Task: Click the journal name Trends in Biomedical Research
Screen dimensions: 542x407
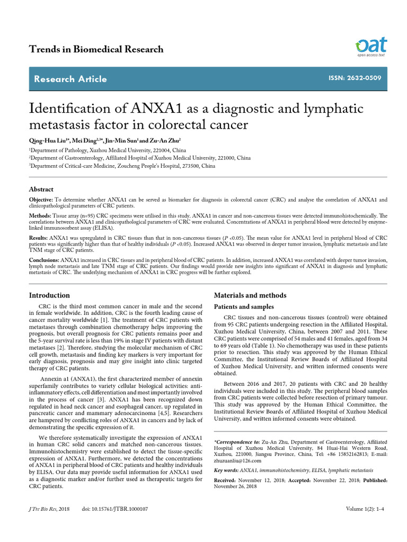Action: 96,49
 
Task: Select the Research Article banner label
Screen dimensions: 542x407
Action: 70,79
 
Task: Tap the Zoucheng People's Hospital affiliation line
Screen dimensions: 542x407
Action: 122,166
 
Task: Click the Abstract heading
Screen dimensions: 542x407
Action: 41,189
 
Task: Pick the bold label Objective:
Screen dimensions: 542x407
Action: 41,200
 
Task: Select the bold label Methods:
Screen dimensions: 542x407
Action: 40,216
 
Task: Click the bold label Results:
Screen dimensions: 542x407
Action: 39,239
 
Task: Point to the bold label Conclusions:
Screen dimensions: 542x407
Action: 44,261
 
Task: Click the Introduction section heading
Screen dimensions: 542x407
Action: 49,295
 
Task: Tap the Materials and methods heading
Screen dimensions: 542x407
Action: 250,295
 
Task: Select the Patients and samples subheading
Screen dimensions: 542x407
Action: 243,307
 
